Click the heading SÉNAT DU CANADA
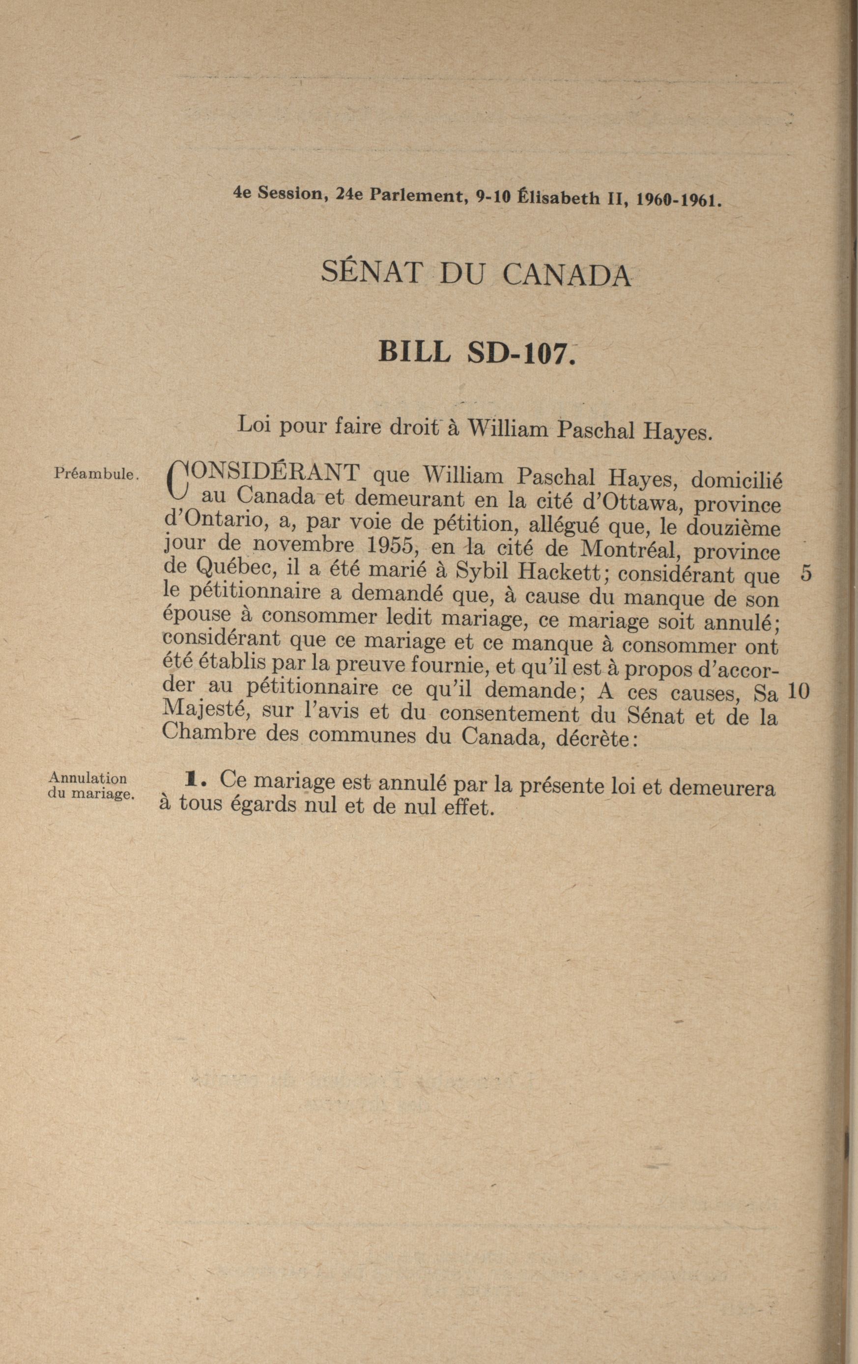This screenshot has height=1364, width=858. pyautogui.click(x=476, y=274)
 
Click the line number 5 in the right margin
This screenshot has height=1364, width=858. pyautogui.click(x=806, y=574)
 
